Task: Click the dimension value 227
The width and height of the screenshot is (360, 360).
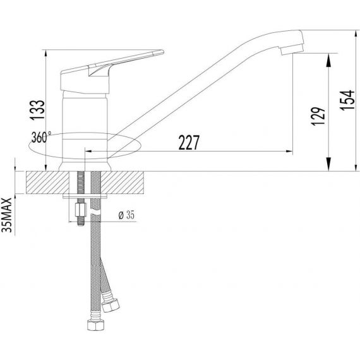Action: point(189,143)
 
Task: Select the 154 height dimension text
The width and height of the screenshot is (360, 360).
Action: point(347,100)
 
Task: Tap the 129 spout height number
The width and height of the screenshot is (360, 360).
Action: point(318,116)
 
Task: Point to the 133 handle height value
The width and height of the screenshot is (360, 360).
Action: point(37,110)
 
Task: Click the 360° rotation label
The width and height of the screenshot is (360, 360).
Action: point(41,137)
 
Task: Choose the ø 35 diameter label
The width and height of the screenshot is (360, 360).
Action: point(126,215)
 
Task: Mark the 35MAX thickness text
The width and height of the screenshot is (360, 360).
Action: point(7,215)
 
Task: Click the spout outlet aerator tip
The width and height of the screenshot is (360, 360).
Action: point(292,50)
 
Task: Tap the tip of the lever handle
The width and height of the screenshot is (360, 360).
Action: point(162,52)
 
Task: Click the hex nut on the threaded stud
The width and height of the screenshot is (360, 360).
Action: point(81,210)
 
